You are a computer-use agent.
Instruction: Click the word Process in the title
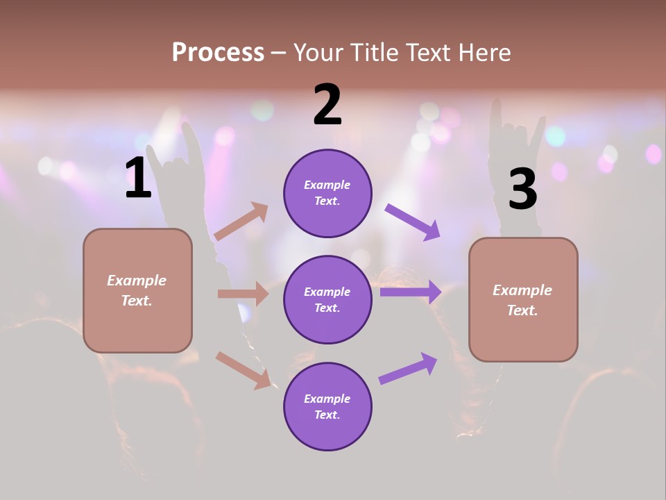(x=218, y=52)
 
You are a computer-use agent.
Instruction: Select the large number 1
(x=138, y=178)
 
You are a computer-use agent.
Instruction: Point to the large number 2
(x=327, y=106)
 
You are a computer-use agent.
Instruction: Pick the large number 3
(x=522, y=190)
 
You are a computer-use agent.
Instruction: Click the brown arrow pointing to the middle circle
(x=243, y=294)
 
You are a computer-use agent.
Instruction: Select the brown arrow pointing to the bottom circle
(x=243, y=370)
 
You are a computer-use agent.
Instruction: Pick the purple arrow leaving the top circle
(x=412, y=222)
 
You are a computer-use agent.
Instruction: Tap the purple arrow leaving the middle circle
(x=411, y=292)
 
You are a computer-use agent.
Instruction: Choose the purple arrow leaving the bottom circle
(x=408, y=369)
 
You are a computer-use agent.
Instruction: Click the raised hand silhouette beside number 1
(x=182, y=160)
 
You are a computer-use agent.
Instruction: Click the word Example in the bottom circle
(x=327, y=399)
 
